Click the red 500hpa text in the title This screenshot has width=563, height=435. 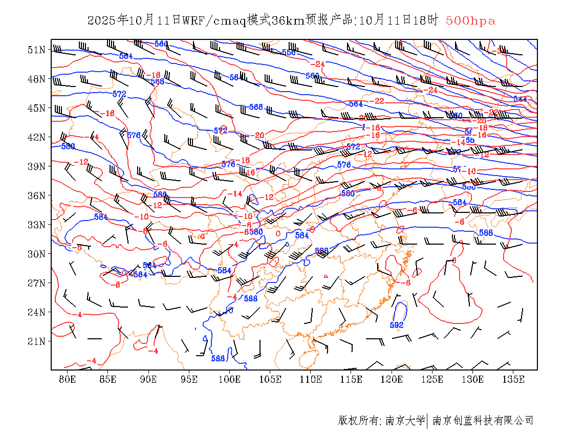pos(470,21)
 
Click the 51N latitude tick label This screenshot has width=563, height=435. pos(36,50)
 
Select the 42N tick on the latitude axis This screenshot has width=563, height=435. pos(36,137)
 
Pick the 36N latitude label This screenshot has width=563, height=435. pos(36,195)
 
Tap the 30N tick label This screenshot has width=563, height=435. pos(36,254)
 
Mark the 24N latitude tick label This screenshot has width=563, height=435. pos(36,312)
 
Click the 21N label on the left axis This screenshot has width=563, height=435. pos(36,341)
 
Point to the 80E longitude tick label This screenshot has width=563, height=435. pos(68,379)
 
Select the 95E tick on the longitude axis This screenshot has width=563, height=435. pos(189,379)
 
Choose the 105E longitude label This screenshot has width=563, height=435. pos(270,379)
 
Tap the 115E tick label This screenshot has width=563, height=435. pos(351,379)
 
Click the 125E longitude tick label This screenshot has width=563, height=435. pos(432,379)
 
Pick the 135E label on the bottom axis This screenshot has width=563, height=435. pos(513,379)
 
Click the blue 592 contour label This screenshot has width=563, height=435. pos(397,325)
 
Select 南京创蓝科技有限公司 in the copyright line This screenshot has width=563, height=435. pos(483,421)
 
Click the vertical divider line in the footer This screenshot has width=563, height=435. pos(427,421)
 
